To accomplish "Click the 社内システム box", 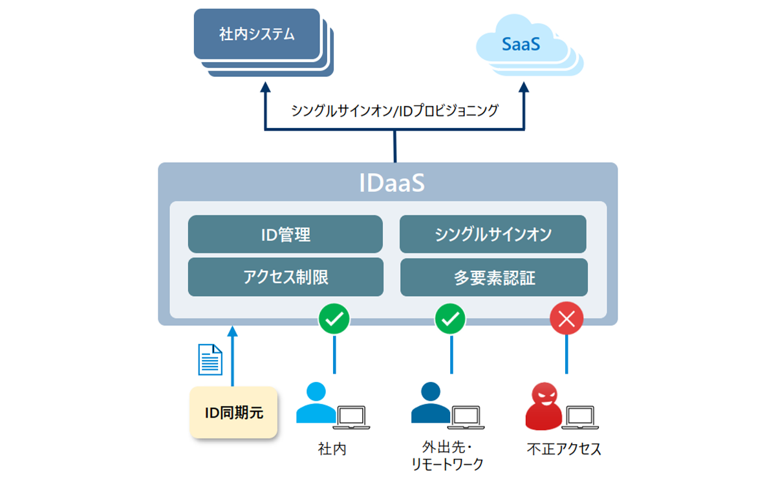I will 257,34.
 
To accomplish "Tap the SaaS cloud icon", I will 521,45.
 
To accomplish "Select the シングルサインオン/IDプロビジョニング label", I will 394,111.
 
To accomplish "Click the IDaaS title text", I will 392,182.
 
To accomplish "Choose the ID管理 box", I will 285,234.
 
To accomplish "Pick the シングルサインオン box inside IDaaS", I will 493,234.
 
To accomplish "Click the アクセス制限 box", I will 285,277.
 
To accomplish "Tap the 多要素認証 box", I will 494,277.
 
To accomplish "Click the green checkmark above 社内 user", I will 334,318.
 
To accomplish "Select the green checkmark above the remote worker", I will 451,318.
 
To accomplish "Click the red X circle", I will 566,318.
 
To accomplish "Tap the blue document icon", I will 210,359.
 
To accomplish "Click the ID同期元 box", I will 234,413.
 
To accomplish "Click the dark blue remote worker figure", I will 430,404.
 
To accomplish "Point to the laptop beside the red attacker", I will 583,417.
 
